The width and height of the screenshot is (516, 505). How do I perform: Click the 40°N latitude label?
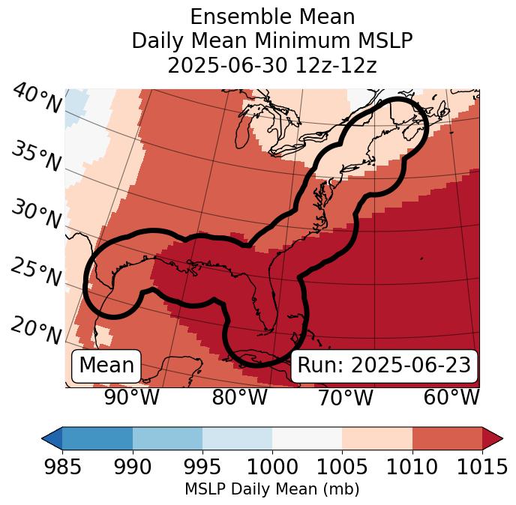pyautogui.click(x=36, y=99)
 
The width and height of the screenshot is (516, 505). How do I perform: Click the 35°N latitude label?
pyautogui.click(x=36, y=157)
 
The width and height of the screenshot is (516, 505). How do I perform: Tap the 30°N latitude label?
pyautogui.click(x=36, y=215)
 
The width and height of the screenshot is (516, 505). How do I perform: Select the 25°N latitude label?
pyautogui.click(x=36, y=272)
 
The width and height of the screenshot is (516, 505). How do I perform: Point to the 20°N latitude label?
pyautogui.click(x=36, y=330)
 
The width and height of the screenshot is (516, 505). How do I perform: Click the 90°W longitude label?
pyautogui.click(x=131, y=398)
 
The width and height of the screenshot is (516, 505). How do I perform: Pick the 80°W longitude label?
pyautogui.click(x=239, y=398)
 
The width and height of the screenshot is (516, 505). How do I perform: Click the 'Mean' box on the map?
pyautogui.click(x=106, y=366)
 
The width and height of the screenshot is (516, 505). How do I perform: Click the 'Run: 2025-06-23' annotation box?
pyautogui.click(x=384, y=366)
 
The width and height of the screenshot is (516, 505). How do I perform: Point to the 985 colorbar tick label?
pyautogui.click(x=62, y=468)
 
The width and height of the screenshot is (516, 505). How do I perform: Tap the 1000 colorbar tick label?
pyautogui.click(x=272, y=468)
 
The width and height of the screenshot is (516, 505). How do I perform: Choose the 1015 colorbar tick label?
pyautogui.click(x=481, y=468)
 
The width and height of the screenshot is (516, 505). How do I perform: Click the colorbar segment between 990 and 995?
pyautogui.click(x=167, y=438)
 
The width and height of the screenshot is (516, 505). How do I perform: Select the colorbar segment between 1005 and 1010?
pyautogui.click(x=376, y=438)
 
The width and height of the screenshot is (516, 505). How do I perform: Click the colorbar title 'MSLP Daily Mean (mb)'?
pyautogui.click(x=271, y=489)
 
